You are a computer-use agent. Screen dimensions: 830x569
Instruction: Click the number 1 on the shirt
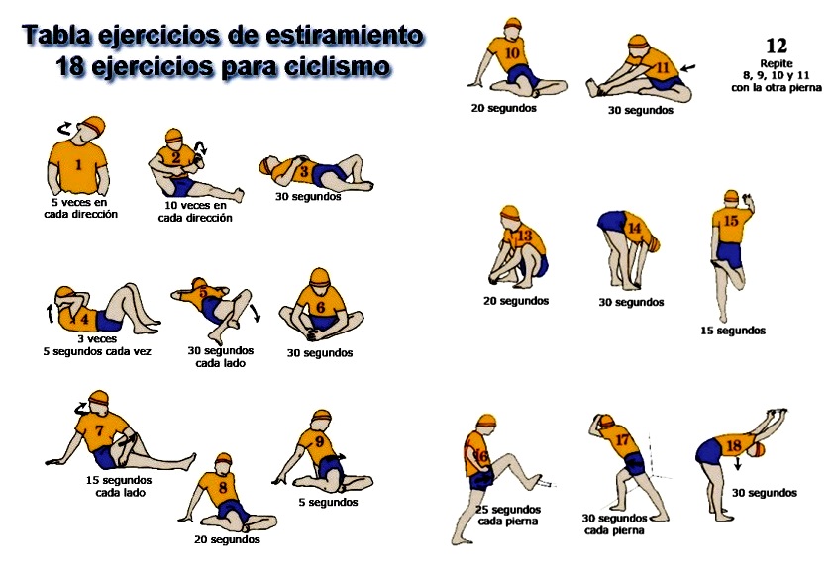78,165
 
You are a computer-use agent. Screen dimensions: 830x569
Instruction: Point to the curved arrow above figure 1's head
64,128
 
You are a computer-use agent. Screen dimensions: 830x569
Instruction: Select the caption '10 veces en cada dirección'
195,212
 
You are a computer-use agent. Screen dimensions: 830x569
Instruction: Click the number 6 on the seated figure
320,307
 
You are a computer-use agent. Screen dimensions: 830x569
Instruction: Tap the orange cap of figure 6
319,277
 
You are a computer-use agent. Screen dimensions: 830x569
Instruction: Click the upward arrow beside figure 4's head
51,313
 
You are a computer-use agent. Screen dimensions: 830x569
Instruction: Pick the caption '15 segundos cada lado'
119,487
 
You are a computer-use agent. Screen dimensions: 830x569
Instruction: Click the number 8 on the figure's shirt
222,487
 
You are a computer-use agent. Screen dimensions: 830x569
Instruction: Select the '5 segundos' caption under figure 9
328,502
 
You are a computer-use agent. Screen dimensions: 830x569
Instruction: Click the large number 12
776,46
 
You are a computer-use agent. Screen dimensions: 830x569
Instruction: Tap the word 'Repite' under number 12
776,63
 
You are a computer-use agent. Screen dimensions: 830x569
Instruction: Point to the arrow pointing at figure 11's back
688,67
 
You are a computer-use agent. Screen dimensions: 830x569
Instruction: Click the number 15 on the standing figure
731,221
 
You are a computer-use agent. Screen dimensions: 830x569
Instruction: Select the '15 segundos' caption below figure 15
733,331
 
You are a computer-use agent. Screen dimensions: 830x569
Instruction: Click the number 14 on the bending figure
634,228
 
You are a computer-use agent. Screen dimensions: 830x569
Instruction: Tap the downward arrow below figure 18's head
737,464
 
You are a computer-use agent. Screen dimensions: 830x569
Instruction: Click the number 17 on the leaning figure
622,439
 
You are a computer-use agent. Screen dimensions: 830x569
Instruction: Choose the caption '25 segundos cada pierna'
508,516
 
